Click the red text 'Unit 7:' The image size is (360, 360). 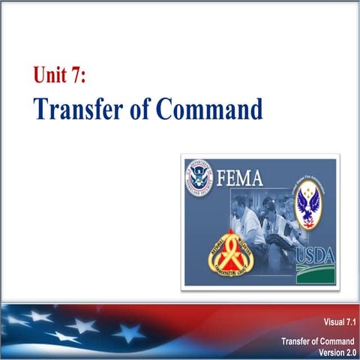click(x=64, y=74)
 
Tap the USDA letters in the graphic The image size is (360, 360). click(x=314, y=255)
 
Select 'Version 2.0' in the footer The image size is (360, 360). click(x=334, y=351)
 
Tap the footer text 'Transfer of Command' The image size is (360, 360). click(x=318, y=341)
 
